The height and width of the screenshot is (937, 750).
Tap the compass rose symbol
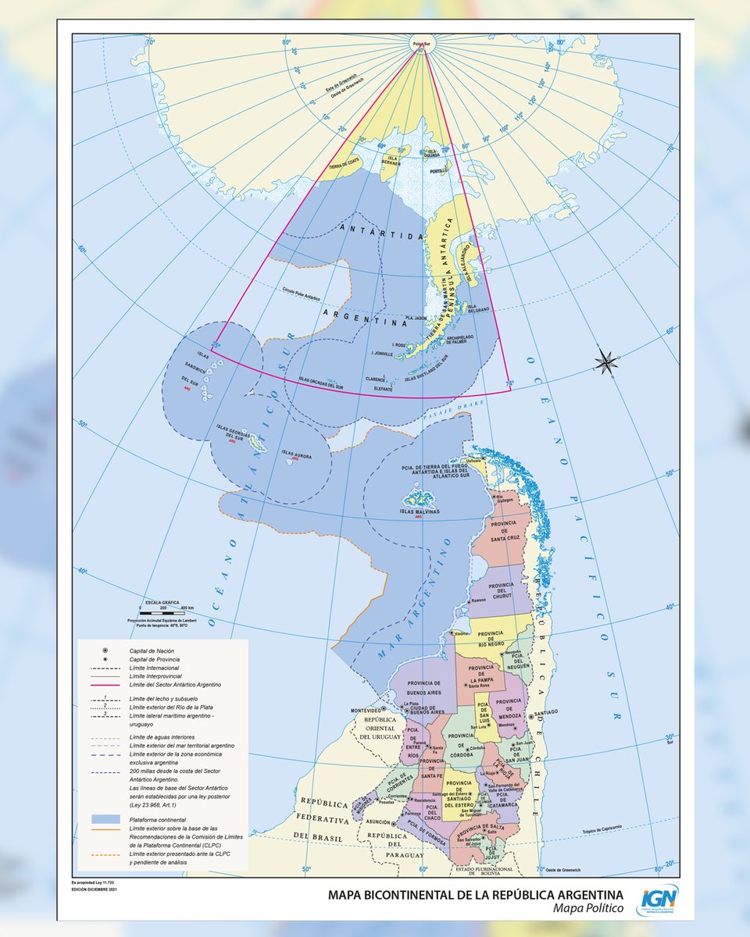[x=605, y=361]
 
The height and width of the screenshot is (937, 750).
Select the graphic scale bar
[x=167, y=615]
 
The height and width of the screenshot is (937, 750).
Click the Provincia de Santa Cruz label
[x=512, y=533]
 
